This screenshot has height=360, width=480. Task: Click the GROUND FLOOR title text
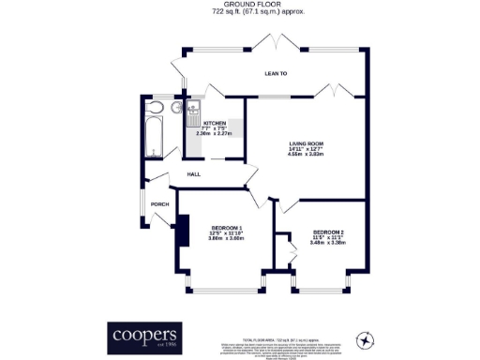(239, 5)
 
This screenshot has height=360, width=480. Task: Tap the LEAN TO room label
(276, 72)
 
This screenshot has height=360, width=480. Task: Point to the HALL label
(194, 174)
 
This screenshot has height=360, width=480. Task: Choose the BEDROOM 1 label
(226, 229)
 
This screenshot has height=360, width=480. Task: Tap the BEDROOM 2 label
(329, 232)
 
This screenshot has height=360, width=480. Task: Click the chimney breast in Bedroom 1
(183, 232)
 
